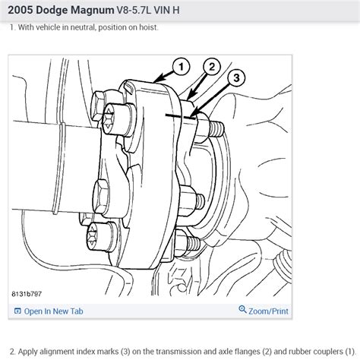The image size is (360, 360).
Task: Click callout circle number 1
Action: point(182,67)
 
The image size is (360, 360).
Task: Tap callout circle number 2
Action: point(212,67)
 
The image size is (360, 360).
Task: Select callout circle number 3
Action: point(236,78)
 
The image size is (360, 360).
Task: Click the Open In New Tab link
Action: point(53,311)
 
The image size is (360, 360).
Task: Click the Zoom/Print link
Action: point(268,311)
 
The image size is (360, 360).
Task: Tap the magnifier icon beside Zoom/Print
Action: point(242,309)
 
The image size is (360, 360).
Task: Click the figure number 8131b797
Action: point(27,294)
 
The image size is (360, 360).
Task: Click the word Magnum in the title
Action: point(92,10)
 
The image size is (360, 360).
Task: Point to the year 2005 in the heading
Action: point(21,10)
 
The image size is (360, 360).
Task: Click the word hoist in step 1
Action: point(149,27)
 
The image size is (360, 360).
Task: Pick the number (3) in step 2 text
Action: point(125,352)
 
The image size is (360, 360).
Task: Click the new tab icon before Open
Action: point(17,311)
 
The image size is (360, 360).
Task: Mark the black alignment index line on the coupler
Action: point(181,116)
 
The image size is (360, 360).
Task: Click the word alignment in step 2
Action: point(57,352)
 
